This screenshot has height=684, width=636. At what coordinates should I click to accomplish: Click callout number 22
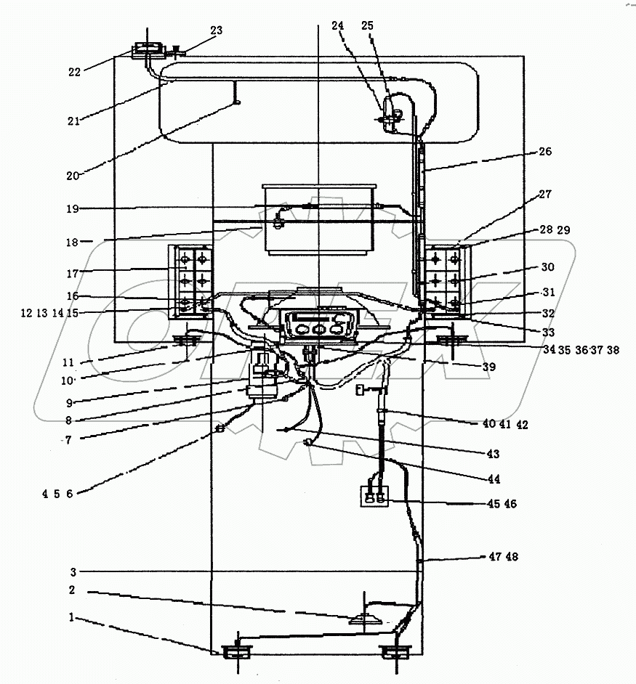point(74,71)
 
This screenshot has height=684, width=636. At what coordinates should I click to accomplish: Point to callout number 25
point(368,25)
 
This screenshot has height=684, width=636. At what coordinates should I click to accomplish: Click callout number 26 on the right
point(544,152)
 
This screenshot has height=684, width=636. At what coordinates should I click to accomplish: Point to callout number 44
point(495,479)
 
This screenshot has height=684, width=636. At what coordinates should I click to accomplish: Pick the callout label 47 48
point(504,557)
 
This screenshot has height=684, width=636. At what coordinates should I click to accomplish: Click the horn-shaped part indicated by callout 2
point(366,619)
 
